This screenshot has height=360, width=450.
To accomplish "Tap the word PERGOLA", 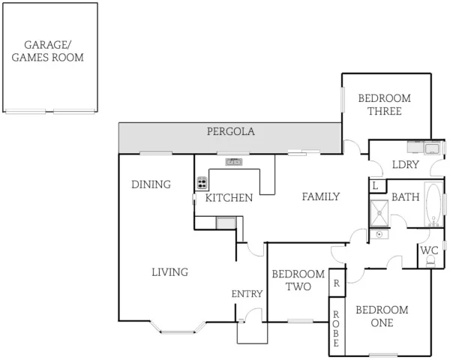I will click(x=231, y=131).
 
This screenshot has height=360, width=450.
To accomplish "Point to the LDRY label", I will click(x=405, y=165).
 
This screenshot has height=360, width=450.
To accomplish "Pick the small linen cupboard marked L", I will click(x=375, y=185).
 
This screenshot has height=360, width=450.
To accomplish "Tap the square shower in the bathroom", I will click(x=379, y=213).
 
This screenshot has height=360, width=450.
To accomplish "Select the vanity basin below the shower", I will click(x=380, y=235).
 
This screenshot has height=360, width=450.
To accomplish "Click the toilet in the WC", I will click(x=430, y=261).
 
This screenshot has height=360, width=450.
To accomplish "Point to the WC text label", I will click(x=429, y=250).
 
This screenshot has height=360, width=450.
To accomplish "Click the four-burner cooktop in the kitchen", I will click(x=202, y=182).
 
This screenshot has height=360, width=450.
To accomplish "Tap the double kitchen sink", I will click(x=234, y=161).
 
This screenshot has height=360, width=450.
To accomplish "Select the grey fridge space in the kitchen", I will click(x=226, y=222).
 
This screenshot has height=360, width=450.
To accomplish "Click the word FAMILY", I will click(x=321, y=196).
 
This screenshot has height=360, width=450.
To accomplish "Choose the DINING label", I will click(x=151, y=184).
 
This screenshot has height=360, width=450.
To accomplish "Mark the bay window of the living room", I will click(x=178, y=327).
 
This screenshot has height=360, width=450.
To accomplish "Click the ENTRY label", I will click(x=247, y=294).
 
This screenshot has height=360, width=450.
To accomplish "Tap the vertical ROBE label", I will click(x=336, y=327).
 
